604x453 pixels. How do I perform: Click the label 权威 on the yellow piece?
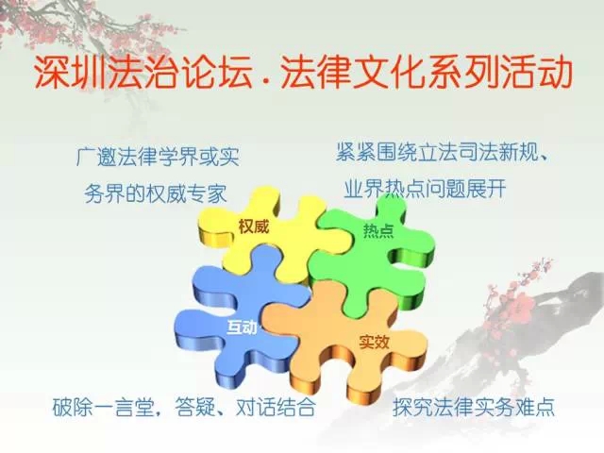pyautogui.click(x=253, y=226)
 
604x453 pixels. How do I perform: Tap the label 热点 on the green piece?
pyautogui.click(x=378, y=230)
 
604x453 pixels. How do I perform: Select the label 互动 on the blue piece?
pyautogui.click(x=242, y=327)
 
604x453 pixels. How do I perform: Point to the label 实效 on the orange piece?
pyautogui.click(x=374, y=342)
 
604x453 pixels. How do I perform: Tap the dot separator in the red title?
pyautogui.click(x=265, y=82)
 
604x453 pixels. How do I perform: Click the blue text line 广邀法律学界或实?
pyautogui.click(x=158, y=157)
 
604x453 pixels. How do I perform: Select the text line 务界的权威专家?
pyautogui.click(x=156, y=193)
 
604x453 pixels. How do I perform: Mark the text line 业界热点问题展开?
pyautogui.click(x=425, y=189)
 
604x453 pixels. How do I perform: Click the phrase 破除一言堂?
pyautogui.click(x=103, y=407)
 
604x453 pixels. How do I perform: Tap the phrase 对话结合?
pyautogui.click(x=276, y=407)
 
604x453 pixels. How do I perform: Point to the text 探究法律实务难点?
pyautogui.click(x=474, y=407)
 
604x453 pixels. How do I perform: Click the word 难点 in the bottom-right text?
pyautogui.click(x=534, y=407)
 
